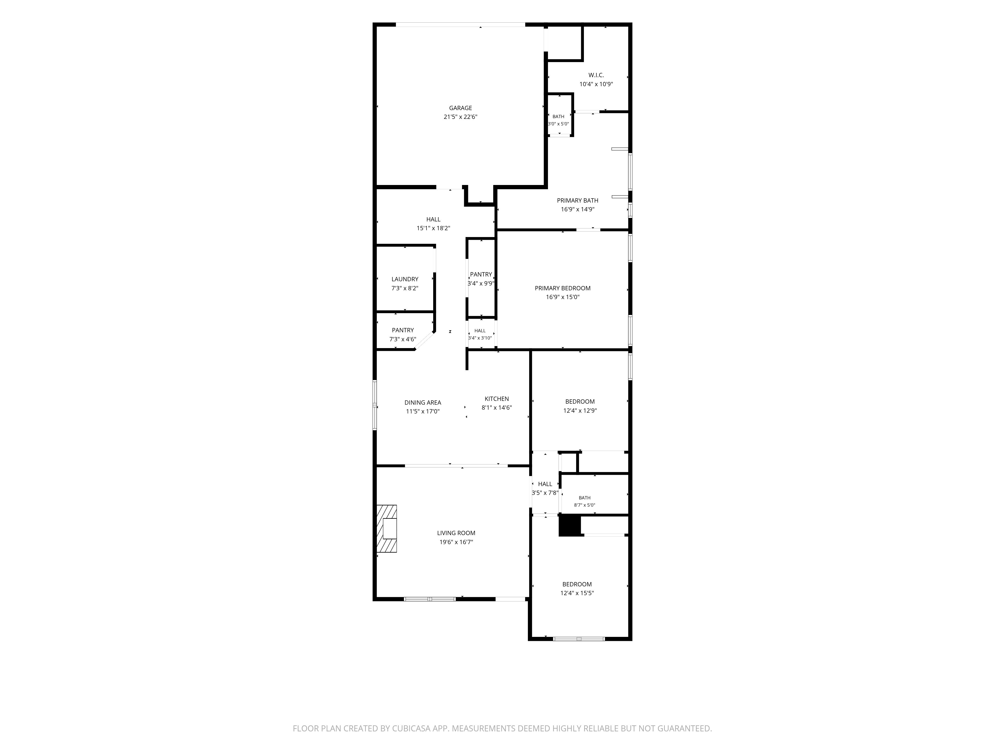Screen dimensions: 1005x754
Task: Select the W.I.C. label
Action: pos(596,75)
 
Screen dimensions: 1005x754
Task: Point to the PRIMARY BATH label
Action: pos(577,200)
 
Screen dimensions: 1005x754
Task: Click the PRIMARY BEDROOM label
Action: pos(563,288)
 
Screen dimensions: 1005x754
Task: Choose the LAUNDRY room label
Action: pos(405,279)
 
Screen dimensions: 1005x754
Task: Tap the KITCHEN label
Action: pos(496,399)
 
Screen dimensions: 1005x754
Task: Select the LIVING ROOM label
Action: pos(456,533)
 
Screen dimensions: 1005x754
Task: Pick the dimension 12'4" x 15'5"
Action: pos(577,593)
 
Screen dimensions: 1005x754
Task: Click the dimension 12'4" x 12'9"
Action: pos(580,410)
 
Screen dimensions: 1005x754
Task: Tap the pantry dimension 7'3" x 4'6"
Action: pos(403,339)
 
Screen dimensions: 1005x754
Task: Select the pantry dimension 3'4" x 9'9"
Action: pos(481,283)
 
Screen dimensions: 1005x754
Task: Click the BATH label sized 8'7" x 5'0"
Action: pos(584,498)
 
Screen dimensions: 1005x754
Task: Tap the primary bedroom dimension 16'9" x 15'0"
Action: pos(563,297)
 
